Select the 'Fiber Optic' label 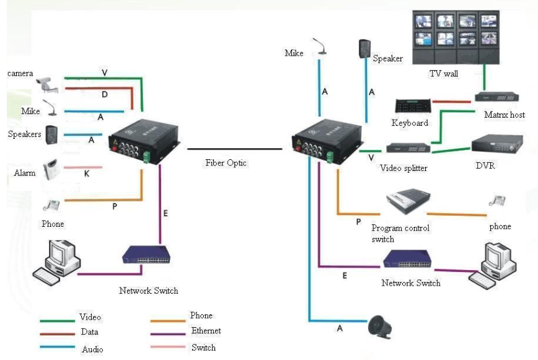click(226, 163)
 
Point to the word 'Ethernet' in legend click(206, 331)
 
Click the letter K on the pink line click(87, 175)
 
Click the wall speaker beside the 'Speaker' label click(364, 49)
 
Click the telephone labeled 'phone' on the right click(496, 201)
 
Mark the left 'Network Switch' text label click(149, 291)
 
